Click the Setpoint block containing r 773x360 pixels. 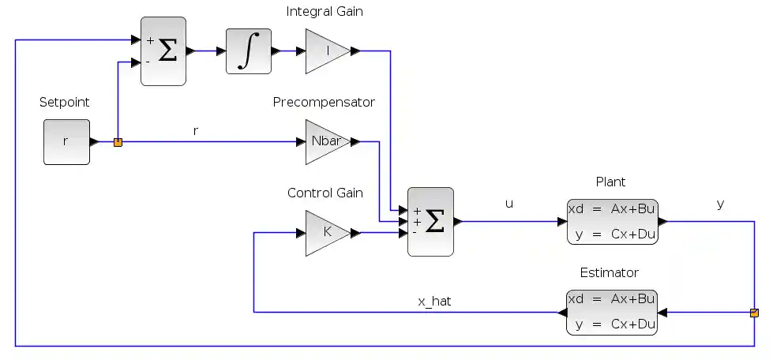[66, 142]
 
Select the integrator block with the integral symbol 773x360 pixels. [248, 51]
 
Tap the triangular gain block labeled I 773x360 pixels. [325, 51]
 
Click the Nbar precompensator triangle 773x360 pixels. [325, 142]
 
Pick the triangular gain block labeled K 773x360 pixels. [325, 233]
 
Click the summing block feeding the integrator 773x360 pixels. [163, 51]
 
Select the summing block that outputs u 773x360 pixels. [430, 222]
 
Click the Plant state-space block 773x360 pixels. [612, 222]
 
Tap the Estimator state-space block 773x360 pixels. [612, 313]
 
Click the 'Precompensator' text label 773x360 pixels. [324, 102]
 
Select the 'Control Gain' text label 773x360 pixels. [325, 193]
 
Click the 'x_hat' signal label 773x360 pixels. [434, 301]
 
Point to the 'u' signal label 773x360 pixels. [509, 204]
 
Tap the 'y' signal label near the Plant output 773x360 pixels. [720, 204]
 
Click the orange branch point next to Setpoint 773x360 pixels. [118, 143]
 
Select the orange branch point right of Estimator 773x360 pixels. [754, 313]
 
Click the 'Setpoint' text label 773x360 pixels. [64, 102]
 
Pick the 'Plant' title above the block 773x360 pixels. [610, 182]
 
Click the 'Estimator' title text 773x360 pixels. [609, 272]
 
